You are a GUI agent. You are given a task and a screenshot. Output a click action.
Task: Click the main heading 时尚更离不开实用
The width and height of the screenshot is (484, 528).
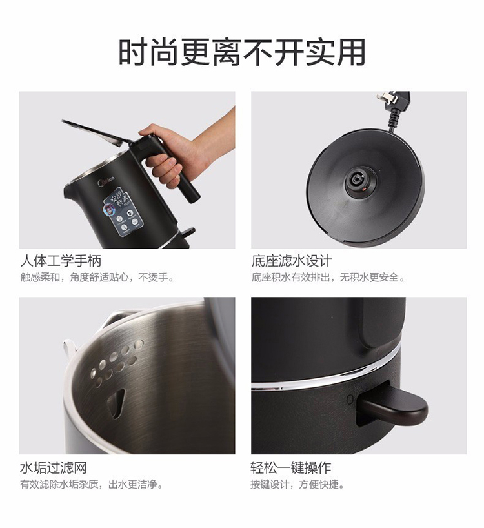(x=242, y=52)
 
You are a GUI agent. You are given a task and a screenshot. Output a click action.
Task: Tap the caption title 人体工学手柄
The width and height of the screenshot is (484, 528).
(x=61, y=261)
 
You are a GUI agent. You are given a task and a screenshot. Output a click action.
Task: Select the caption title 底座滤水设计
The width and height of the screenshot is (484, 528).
(x=292, y=261)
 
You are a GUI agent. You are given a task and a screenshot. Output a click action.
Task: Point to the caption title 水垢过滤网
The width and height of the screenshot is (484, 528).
(x=54, y=468)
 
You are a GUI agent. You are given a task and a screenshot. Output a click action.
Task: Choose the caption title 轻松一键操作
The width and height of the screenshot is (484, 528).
(x=291, y=467)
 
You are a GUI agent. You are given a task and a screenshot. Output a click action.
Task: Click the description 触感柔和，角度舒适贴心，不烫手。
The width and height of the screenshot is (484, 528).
(x=97, y=278)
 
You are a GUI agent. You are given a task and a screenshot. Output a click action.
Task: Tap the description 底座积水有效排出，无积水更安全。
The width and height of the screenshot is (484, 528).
(x=328, y=278)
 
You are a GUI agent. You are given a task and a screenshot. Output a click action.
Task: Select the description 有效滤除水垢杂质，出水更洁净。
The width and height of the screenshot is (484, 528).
(x=92, y=484)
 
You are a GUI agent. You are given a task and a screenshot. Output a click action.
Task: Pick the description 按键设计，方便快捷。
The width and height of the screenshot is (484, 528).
(x=298, y=484)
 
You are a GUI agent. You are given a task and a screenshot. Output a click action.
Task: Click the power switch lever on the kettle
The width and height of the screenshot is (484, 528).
(x=392, y=407)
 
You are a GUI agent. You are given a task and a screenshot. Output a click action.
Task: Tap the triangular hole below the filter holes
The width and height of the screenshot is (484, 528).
(x=117, y=402)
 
